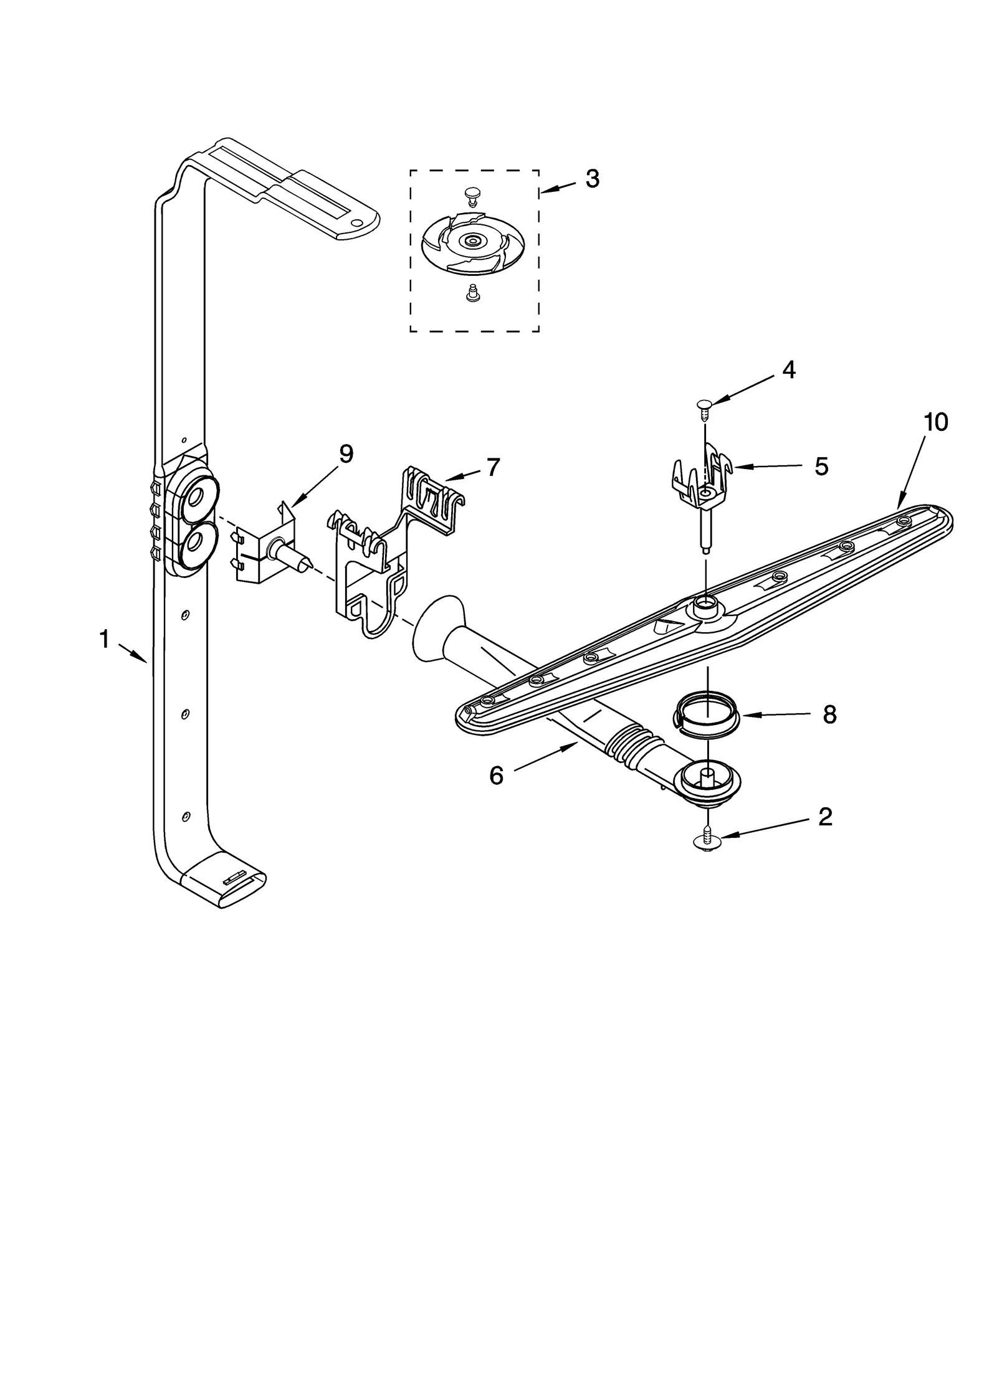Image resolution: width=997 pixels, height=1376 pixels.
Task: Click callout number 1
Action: pyautogui.click(x=104, y=639)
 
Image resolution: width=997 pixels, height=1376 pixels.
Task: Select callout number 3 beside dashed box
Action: pyautogui.click(x=592, y=179)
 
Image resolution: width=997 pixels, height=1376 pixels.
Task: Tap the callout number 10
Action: pyautogui.click(x=935, y=422)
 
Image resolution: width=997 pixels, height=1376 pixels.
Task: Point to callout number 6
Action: pyautogui.click(x=496, y=776)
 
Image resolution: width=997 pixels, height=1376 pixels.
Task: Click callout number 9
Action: pyautogui.click(x=346, y=454)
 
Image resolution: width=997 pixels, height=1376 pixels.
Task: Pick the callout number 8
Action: pyautogui.click(x=829, y=715)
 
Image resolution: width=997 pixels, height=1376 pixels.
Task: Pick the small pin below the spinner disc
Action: pyautogui.click(x=472, y=293)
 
